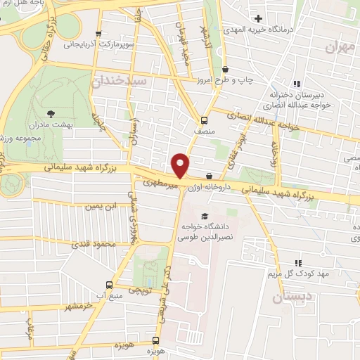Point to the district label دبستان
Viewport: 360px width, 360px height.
(291, 299)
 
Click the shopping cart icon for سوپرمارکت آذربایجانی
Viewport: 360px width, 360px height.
(98, 33)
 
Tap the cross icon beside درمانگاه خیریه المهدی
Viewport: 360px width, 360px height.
(259, 18)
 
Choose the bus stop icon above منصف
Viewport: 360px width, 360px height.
(204, 120)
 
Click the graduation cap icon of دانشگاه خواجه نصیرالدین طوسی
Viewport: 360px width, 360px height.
(205, 216)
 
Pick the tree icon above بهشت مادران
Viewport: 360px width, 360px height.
(51, 112)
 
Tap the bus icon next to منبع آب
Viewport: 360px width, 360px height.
(108, 285)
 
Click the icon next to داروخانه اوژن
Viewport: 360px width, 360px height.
(209, 176)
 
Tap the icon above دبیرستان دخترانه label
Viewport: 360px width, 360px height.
(297, 84)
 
